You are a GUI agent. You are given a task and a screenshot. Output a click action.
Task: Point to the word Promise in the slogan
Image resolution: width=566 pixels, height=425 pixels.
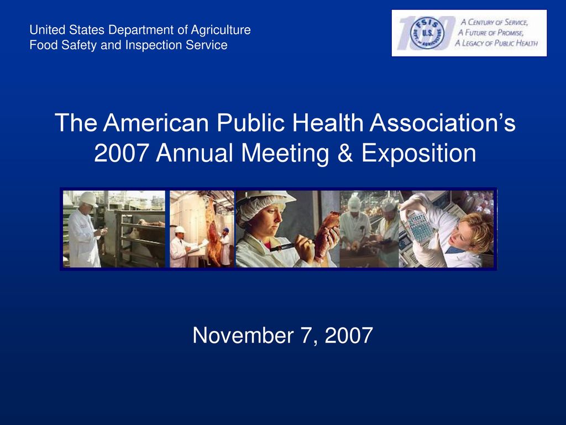[510, 33]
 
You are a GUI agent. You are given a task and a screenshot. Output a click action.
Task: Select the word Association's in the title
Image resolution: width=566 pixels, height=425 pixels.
[443, 123]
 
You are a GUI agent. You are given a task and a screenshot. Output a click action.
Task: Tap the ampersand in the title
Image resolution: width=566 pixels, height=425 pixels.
[345, 153]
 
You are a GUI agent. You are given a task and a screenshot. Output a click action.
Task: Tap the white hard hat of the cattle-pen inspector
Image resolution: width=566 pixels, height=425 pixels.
[87, 198]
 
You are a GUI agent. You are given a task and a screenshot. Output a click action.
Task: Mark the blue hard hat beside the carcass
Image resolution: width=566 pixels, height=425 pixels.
[226, 230]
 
